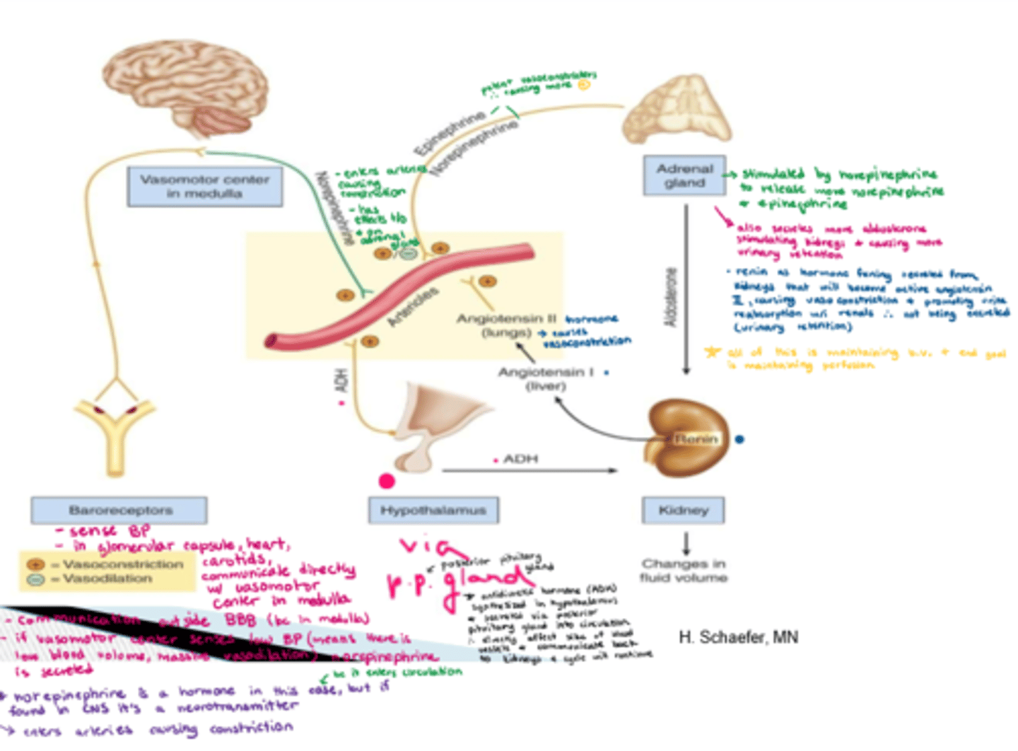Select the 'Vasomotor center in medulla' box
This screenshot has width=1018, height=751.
coord(205,187)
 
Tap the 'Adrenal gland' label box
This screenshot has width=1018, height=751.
coord(684,175)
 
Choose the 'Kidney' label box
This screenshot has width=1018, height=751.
coord(683,510)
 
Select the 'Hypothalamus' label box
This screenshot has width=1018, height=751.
coord(433,510)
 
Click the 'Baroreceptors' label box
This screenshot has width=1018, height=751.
coord(119,510)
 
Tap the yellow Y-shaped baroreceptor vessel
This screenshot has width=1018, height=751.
coord(115,431)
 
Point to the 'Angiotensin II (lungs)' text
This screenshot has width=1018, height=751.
coord(506,325)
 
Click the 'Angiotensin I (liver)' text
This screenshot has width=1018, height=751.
coord(546,378)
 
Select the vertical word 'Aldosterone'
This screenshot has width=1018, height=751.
coord(671,297)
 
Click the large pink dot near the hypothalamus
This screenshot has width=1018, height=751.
coord(387,482)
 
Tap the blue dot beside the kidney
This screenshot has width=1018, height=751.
coord(739,439)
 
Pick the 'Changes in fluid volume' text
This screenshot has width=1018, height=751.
coord(683,571)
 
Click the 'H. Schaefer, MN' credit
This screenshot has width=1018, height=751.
coord(738,637)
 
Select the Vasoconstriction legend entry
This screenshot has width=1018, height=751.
coord(106,564)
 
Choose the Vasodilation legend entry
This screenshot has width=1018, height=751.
coord(99,578)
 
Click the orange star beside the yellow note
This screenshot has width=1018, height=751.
coord(712,352)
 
